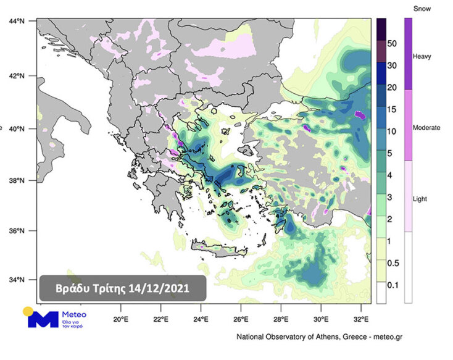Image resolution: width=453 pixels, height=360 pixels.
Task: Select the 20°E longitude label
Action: [121, 319]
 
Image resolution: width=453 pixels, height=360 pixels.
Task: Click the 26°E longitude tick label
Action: [241, 319]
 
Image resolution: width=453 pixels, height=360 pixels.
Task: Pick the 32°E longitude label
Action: [362, 319]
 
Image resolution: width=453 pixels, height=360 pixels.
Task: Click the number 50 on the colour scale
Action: [391, 44]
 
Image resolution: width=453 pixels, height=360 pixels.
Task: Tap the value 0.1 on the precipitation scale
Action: [391, 285]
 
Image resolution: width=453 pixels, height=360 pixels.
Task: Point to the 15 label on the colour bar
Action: [391, 109]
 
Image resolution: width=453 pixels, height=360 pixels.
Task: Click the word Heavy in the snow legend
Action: [422, 57]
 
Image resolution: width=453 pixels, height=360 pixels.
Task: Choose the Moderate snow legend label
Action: [426, 128]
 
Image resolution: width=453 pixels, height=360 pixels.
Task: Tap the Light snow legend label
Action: [420, 199]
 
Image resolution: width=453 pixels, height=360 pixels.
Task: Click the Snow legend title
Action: [422, 9]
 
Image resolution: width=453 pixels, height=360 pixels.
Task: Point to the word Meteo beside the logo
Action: [74, 315]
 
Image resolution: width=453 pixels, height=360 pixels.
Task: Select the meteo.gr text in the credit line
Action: [387, 337]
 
